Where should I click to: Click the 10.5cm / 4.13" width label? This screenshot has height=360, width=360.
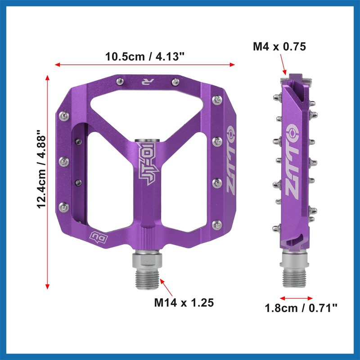(x=145, y=57)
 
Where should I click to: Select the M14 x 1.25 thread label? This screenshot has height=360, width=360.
(x=183, y=302)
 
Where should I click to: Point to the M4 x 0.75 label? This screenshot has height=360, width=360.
(x=279, y=47)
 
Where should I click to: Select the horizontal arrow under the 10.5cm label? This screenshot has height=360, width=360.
(x=145, y=65)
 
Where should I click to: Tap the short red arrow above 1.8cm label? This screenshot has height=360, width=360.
(x=296, y=297)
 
